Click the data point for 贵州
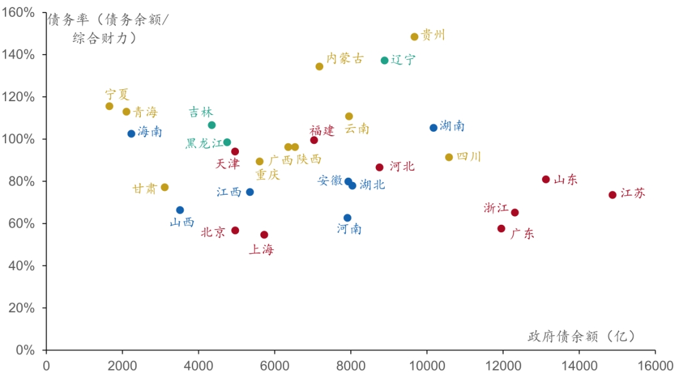point(414,37)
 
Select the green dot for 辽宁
point(385,60)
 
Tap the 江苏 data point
point(612,195)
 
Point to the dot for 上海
point(264,235)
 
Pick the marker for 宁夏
point(109,106)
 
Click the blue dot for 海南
point(131,134)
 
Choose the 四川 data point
point(449,157)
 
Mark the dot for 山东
point(546,180)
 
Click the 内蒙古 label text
point(345,59)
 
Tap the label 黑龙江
point(204,144)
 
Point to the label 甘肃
point(145,189)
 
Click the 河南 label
point(349,229)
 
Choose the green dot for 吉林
point(212,125)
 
